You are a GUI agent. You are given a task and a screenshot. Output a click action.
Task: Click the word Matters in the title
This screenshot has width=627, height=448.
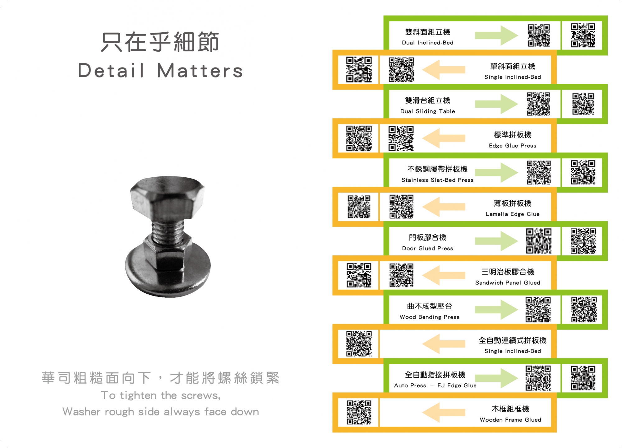point(200,71)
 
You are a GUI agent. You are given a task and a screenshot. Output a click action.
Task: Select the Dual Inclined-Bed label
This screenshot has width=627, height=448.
point(427,43)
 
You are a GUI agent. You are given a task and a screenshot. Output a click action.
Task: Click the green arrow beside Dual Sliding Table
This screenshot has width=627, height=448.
point(496,104)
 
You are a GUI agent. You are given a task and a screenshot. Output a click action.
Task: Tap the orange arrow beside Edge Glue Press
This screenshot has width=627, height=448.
point(444,138)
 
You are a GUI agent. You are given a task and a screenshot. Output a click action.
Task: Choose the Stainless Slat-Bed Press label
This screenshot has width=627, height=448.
point(437,180)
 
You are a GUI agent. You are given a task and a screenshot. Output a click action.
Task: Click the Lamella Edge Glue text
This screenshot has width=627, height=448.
point(513,214)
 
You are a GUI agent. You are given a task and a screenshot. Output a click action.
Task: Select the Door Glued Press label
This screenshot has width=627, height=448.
point(427,248)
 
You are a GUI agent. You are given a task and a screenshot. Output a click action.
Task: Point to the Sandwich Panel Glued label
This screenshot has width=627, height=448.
point(508,282)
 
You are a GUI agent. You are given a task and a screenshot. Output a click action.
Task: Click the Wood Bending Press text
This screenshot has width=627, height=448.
point(429,317)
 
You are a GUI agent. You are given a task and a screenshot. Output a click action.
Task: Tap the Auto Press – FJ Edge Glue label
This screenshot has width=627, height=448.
point(435,385)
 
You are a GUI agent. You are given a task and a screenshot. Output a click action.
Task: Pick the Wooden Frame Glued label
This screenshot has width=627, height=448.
point(510,420)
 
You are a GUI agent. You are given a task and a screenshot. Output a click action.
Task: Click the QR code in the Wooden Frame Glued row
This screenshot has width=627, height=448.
point(359,413)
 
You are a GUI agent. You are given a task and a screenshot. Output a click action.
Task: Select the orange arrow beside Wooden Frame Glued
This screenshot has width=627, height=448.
point(444,413)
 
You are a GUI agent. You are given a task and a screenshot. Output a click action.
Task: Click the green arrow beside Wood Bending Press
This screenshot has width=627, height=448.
point(496,310)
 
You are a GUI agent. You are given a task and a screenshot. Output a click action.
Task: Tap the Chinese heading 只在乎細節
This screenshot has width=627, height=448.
point(160,42)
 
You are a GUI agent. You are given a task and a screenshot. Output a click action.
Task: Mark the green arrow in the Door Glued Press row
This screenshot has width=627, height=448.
point(496,241)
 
